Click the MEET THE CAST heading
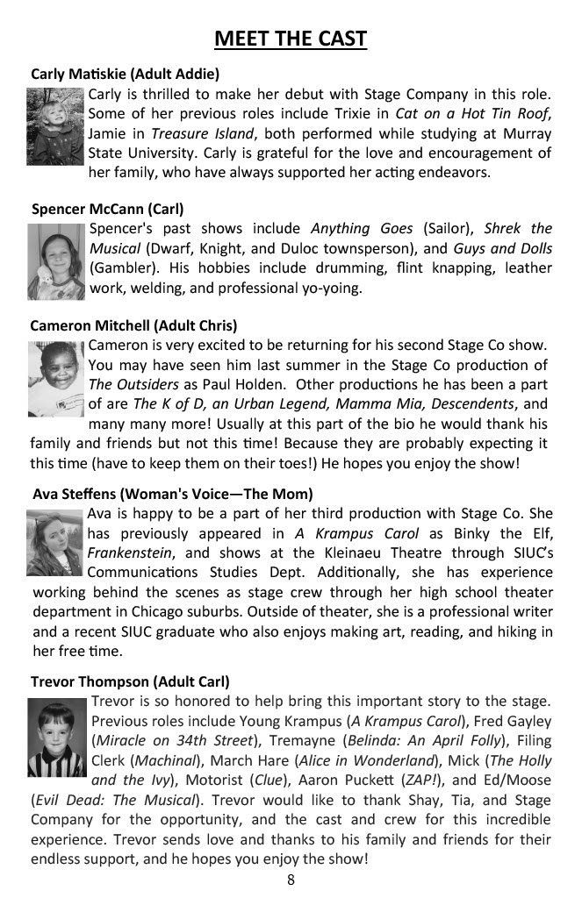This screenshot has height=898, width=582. tap(291, 39)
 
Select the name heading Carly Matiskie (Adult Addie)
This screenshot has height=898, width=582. tap(125, 74)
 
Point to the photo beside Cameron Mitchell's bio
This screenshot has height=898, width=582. tap(56, 377)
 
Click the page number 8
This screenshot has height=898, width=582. tap(291, 880)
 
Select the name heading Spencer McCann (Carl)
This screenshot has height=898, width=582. tap(107, 209)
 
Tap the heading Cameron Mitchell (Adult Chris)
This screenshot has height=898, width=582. tap(133, 325)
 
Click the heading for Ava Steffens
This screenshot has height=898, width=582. tap(172, 494)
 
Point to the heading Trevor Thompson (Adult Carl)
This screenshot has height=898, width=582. tap(130, 681)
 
